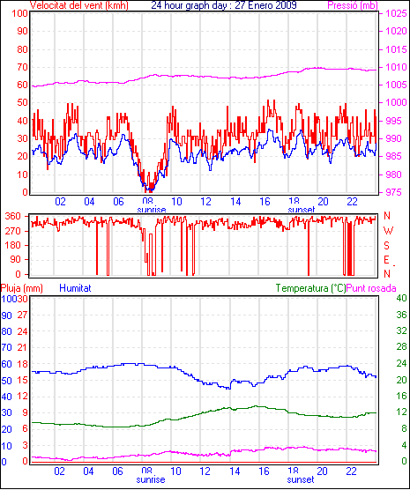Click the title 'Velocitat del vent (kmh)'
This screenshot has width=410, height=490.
tap(79, 5)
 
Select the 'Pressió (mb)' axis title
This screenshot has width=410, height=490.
tap(353, 5)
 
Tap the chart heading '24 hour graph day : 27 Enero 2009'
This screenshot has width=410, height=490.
tap(224, 5)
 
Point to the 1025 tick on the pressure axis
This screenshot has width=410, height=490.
tap(396, 13)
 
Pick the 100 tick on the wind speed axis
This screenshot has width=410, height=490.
tap(19, 14)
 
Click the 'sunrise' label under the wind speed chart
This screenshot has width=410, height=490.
tap(152, 209)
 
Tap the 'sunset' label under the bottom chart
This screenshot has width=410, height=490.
tap(301, 479)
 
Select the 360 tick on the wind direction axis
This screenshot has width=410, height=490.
tap(13, 216)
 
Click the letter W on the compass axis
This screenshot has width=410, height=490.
tap(388, 231)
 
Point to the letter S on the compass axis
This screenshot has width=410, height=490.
tap(387, 246)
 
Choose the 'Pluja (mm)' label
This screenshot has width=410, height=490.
tap(22, 288)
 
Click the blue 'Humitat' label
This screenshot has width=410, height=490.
tap(75, 288)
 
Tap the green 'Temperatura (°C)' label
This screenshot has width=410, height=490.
tap(311, 288)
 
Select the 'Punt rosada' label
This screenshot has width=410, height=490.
tap(371, 288)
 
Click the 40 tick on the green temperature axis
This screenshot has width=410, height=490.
tap(401, 298)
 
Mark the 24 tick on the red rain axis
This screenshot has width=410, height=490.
tap(22, 331)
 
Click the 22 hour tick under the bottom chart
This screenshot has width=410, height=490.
tap(352, 471)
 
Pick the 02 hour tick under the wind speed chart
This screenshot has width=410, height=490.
tap(60, 202)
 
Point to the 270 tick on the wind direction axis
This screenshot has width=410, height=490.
tap(13, 231)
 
